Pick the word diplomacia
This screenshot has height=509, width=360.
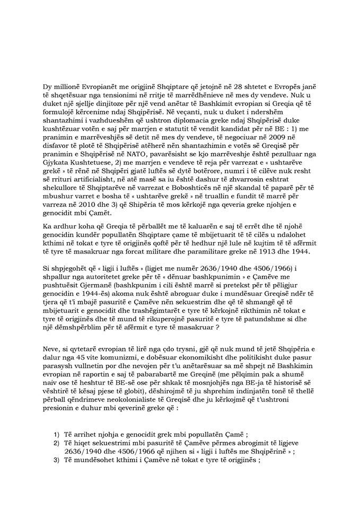191,103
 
